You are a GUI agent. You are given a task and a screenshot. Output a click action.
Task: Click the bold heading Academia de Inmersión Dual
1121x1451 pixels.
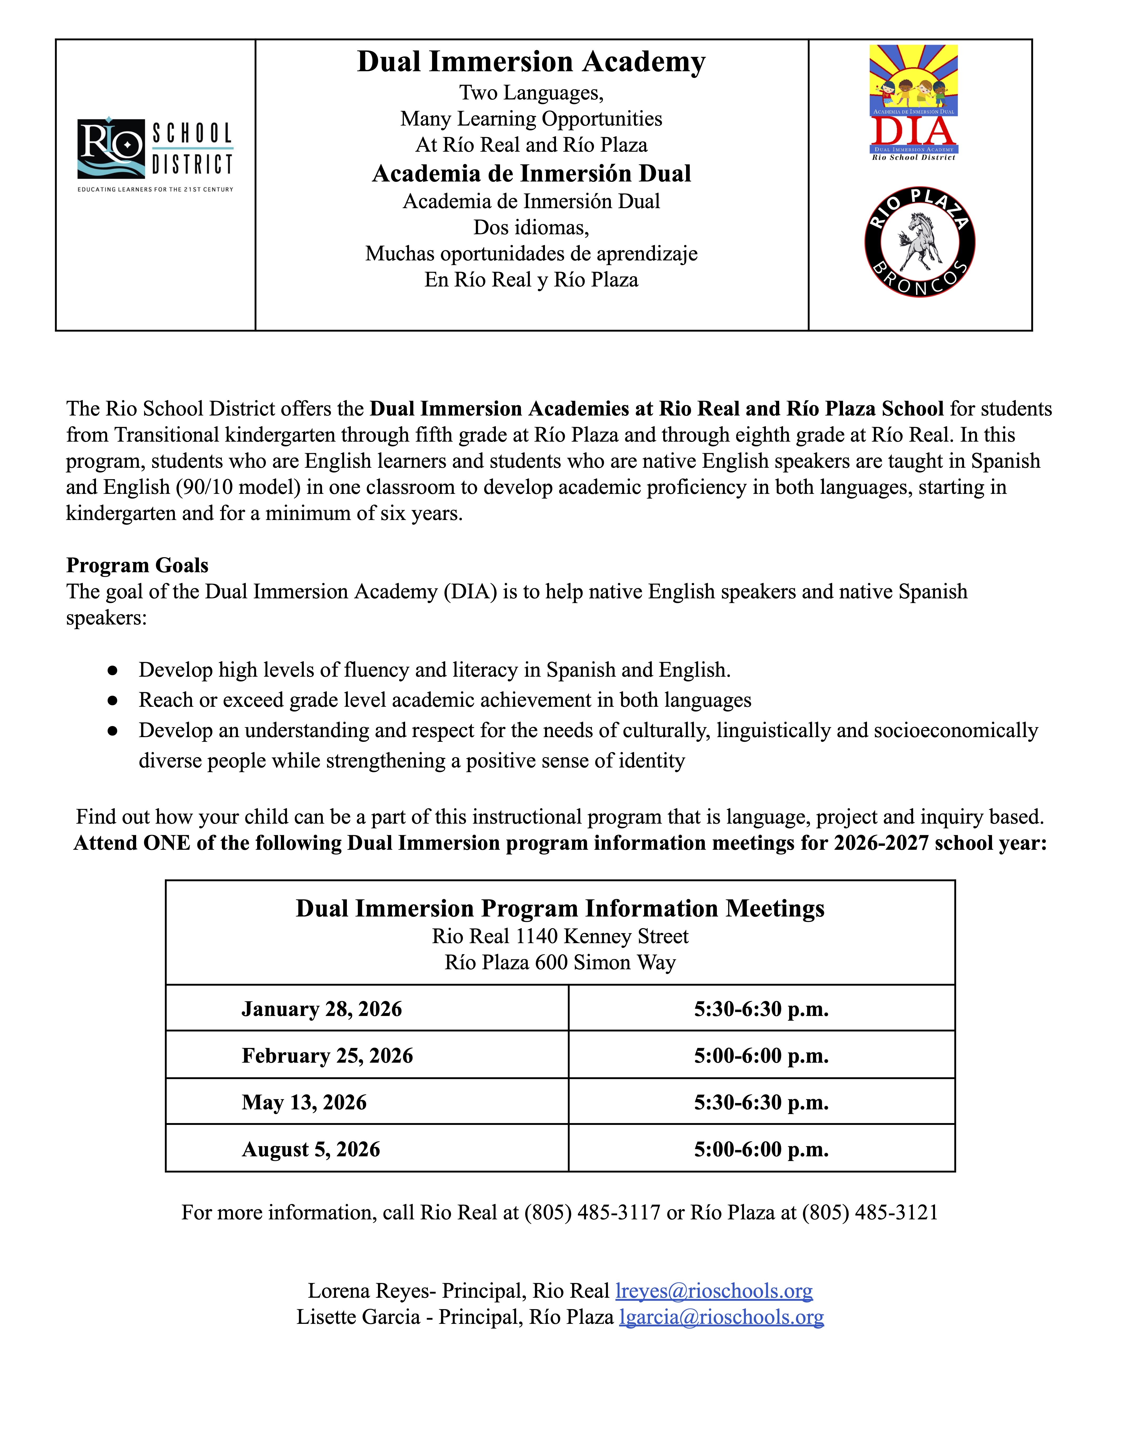coord(531,173)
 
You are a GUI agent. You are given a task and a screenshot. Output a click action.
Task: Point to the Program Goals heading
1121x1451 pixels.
coord(137,565)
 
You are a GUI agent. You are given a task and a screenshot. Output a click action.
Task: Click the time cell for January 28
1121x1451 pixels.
coord(761,1009)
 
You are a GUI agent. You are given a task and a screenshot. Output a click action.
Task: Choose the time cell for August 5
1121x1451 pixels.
coord(761,1149)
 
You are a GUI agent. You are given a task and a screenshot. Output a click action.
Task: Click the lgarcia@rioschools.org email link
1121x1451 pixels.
coord(721,1317)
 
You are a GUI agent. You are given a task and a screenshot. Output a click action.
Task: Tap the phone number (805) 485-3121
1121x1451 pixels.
coord(870,1213)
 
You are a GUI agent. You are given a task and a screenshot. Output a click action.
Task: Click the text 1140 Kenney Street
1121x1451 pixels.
coord(602,936)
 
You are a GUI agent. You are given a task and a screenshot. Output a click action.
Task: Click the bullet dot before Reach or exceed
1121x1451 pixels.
coord(113,700)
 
